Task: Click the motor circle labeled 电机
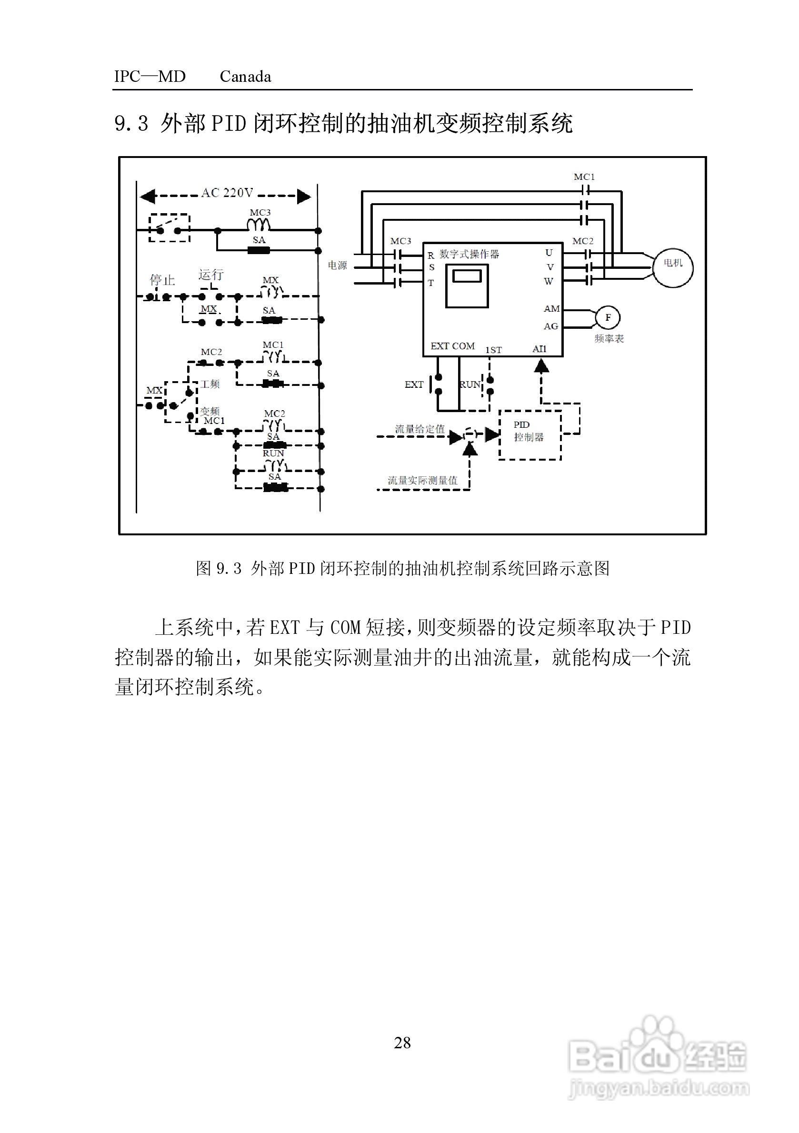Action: [673, 267]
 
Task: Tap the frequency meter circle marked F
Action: [608, 317]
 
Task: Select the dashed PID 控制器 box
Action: [529, 434]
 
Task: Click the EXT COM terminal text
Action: [452, 346]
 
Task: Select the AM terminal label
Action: [551, 308]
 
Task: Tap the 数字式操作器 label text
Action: [469, 254]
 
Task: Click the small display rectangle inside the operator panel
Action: [467, 276]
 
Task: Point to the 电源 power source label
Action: [338, 266]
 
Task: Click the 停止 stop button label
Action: [162, 280]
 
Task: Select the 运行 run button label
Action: [211, 275]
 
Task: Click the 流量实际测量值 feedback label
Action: [422, 480]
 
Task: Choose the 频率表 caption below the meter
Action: [609, 338]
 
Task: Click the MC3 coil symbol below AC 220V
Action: [259, 225]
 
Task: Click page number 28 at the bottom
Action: [402, 1042]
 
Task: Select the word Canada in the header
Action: [245, 77]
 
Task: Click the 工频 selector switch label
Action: [210, 384]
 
